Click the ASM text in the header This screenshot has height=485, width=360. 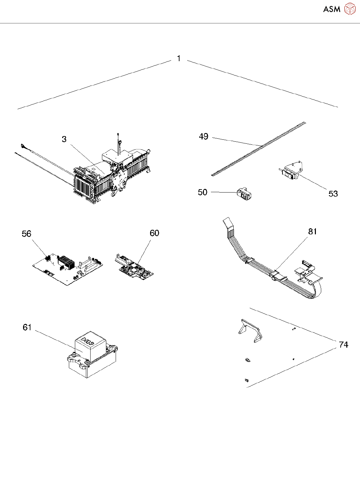(332, 9)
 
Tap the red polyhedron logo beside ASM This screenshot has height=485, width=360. (350, 9)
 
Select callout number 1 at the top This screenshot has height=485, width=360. (179, 58)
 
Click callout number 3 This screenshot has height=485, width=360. (64, 139)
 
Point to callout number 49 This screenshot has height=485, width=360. (204, 136)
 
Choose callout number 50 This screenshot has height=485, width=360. (203, 192)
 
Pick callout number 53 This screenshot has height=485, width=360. (333, 194)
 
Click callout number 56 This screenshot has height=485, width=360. (26, 234)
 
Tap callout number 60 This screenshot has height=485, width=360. (154, 233)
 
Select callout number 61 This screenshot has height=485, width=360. (27, 327)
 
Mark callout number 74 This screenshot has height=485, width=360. (343, 345)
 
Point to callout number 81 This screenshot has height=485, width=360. (313, 232)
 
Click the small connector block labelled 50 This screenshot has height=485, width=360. (244, 194)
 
